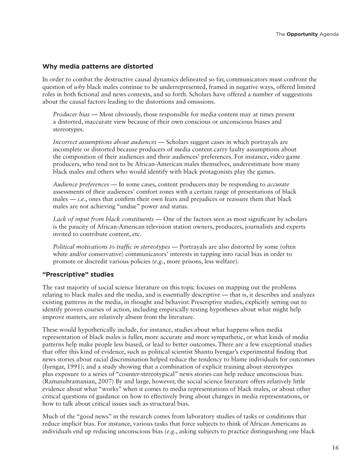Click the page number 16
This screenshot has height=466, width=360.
[335, 448]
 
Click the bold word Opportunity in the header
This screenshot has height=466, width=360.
[302, 34]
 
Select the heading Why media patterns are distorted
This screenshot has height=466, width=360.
[97, 67]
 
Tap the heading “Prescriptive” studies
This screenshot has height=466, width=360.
[78, 274]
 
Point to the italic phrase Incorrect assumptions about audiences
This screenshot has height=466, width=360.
[105, 142]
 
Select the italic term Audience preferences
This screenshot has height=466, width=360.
[81, 185]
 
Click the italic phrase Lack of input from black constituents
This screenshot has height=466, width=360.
[103, 219]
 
